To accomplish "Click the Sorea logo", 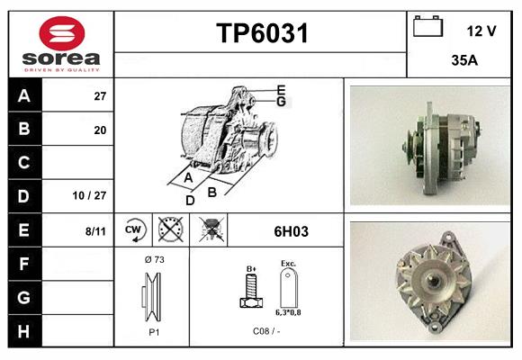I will click(61, 44).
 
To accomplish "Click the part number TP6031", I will click(262, 34).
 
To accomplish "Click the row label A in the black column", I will click(23, 95).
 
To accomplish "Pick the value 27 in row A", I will click(100, 96).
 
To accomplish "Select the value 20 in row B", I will click(100, 130).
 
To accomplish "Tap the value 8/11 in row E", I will click(95, 230).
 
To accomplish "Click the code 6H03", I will click(291, 231).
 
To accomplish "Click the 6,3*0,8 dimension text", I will click(288, 313).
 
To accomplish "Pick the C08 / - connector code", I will click(267, 330).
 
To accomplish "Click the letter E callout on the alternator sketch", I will click(281, 89).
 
